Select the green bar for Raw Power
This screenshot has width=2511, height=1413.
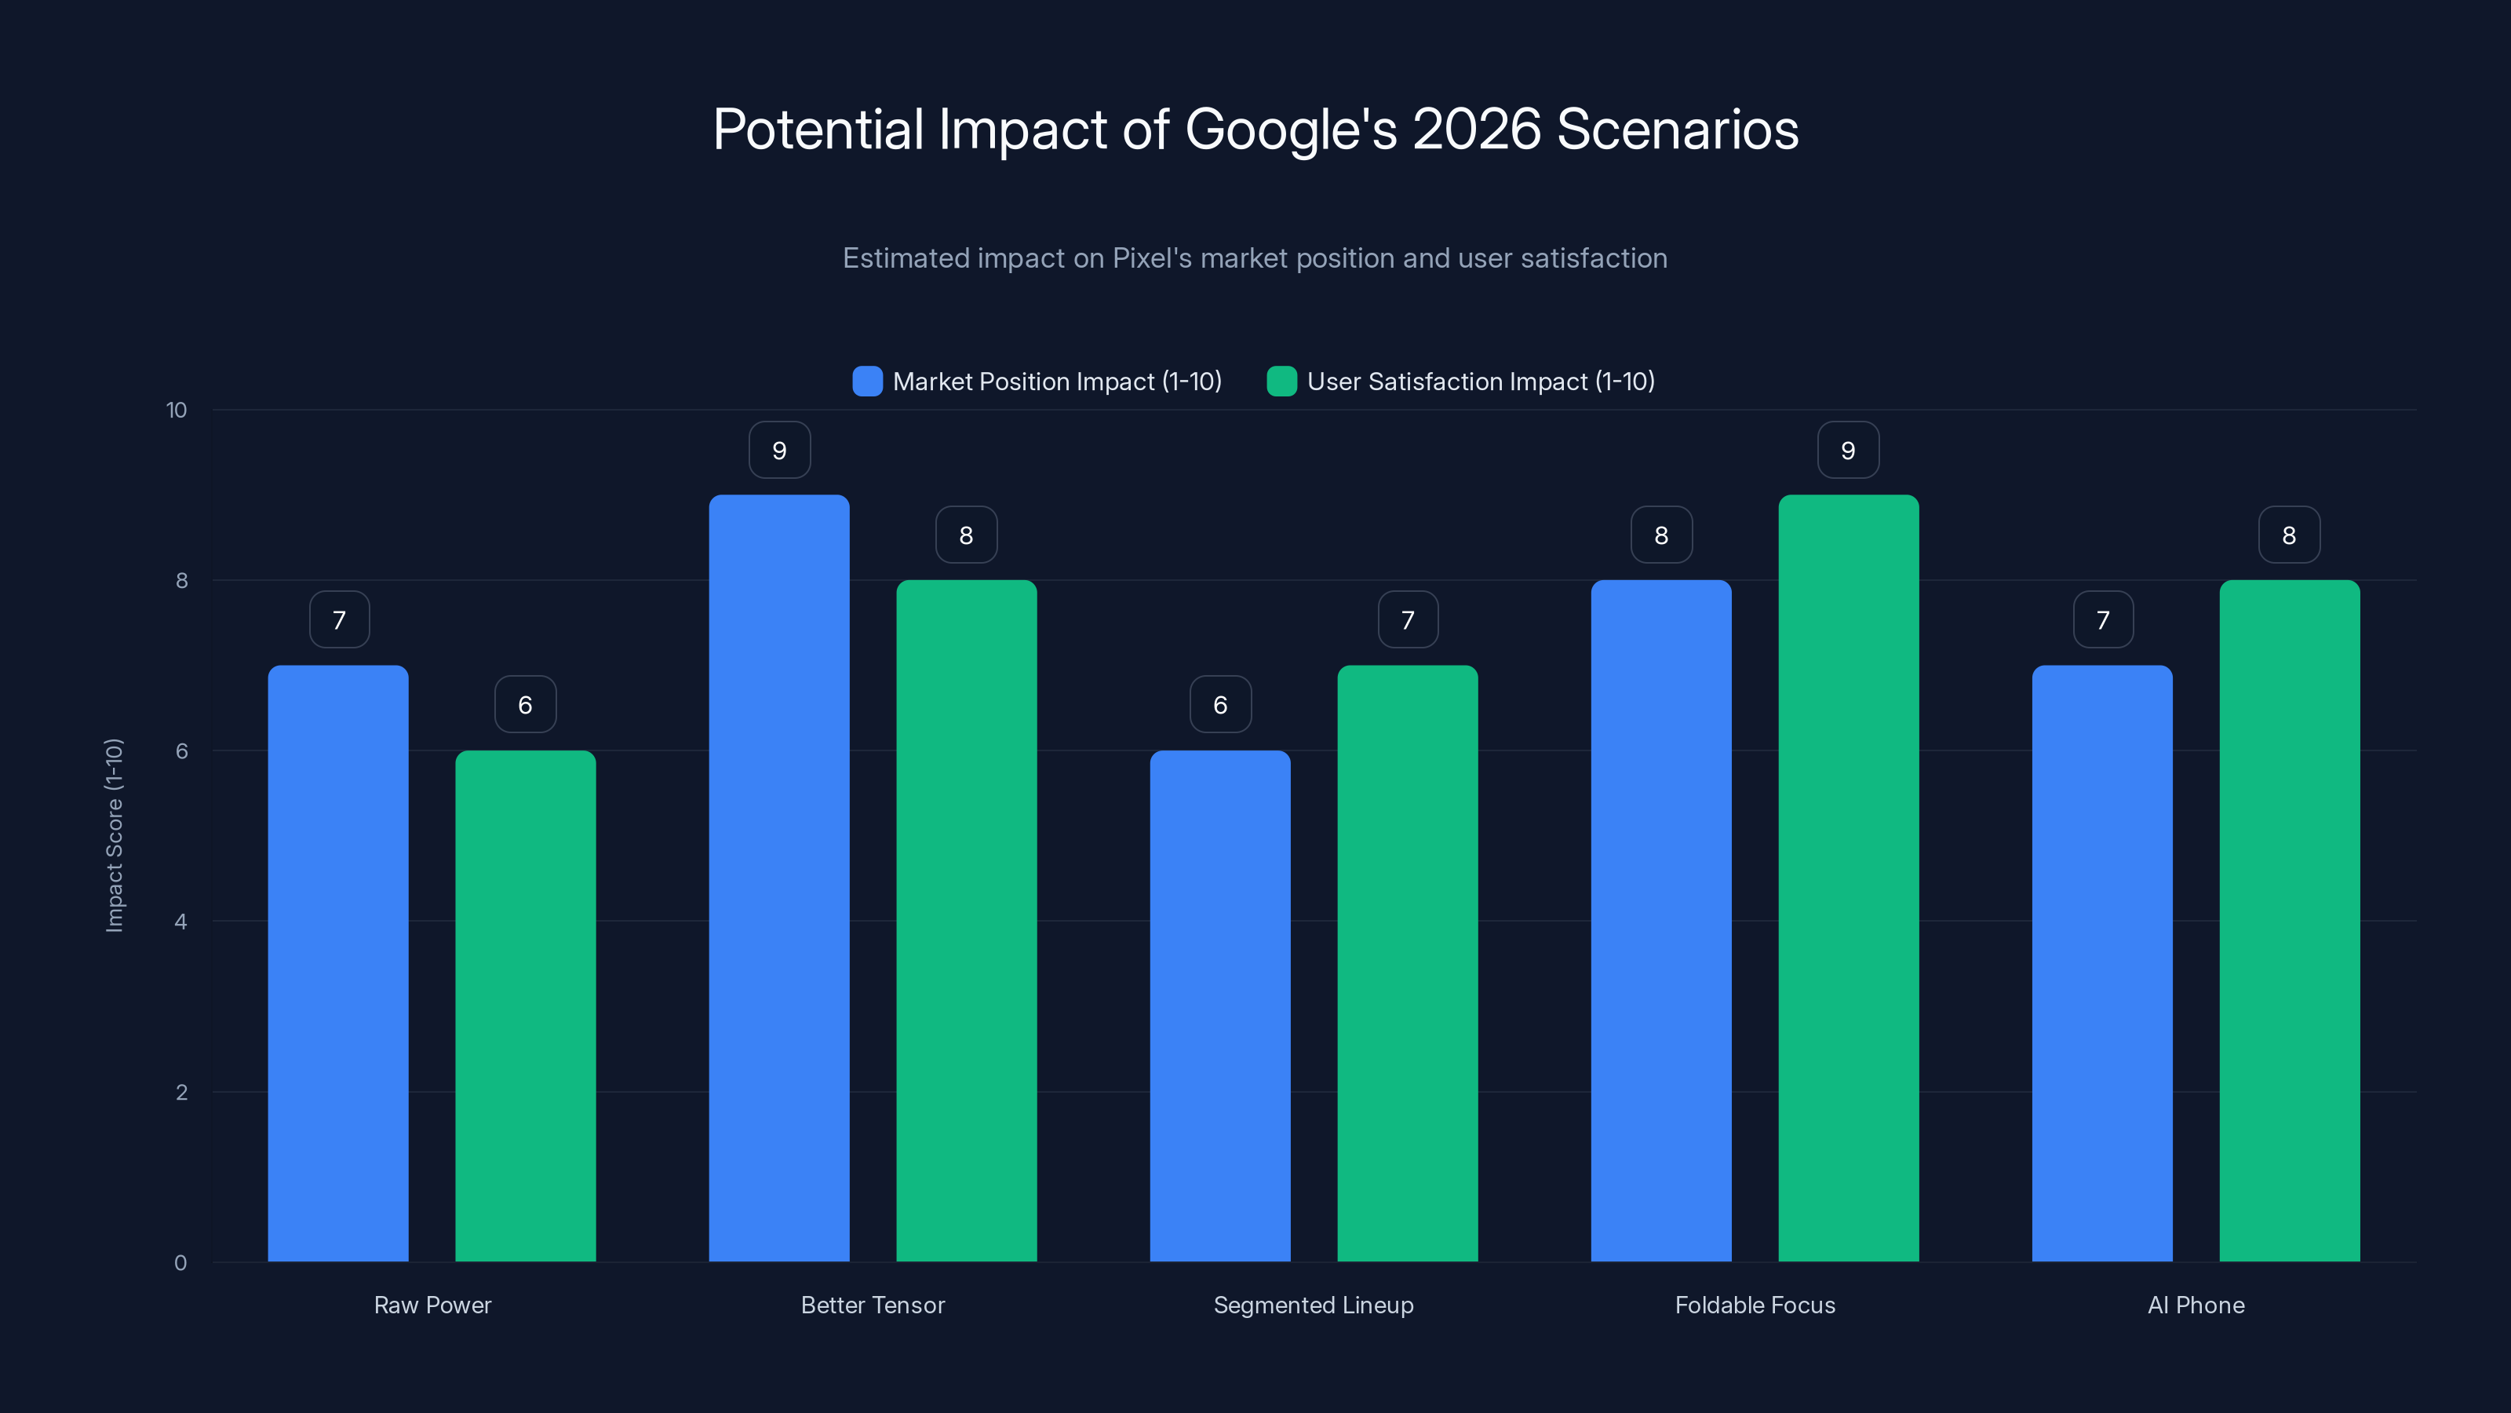click(x=526, y=1006)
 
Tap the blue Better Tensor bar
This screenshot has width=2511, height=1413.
click(x=779, y=878)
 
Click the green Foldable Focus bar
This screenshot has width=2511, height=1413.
click(x=1848, y=878)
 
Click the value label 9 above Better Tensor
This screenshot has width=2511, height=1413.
click(x=779, y=451)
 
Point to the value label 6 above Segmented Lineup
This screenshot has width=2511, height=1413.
click(x=1220, y=705)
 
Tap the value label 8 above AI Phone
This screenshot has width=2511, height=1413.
click(x=2289, y=535)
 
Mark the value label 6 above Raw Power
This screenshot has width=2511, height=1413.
click(x=526, y=705)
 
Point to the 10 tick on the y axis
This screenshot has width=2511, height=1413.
click(x=177, y=411)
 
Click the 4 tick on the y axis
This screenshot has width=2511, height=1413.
click(x=180, y=922)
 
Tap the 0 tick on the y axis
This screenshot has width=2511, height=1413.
click(x=180, y=1263)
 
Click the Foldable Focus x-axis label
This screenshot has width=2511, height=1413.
click(x=1755, y=1305)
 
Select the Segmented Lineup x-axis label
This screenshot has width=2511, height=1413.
click(x=1313, y=1305)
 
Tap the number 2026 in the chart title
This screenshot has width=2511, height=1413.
click(x=1476, y=130)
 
